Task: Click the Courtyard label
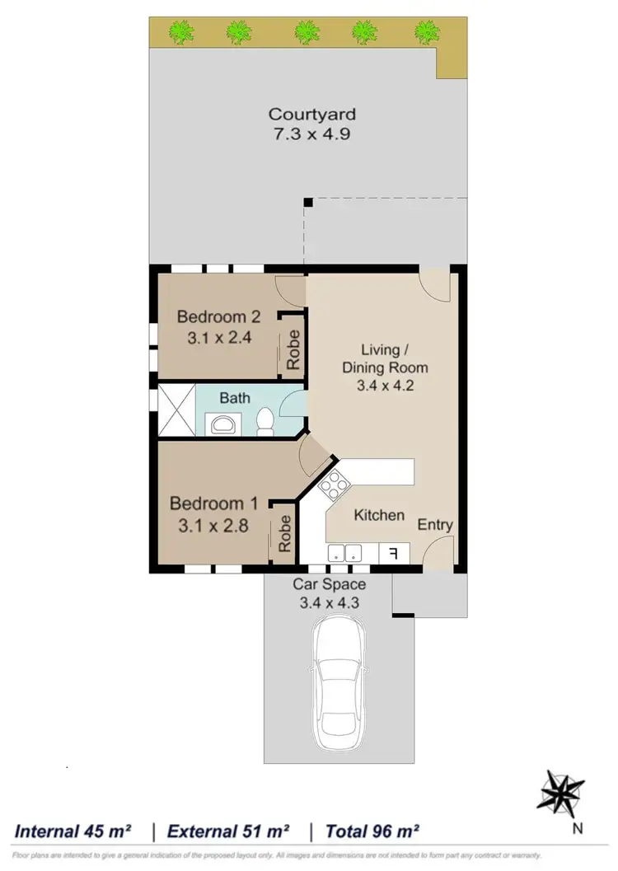click(x=312, y=115)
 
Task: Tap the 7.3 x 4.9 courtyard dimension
click(x=312, y=133)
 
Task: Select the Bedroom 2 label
click(x=219, y=316)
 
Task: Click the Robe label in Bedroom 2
click(x=293, y=350)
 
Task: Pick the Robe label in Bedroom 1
click(x=285, y=533)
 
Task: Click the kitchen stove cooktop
click(x=335, y=486)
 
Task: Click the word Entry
click(x=435, y=525)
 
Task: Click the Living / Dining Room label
click(x=386, y=368)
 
